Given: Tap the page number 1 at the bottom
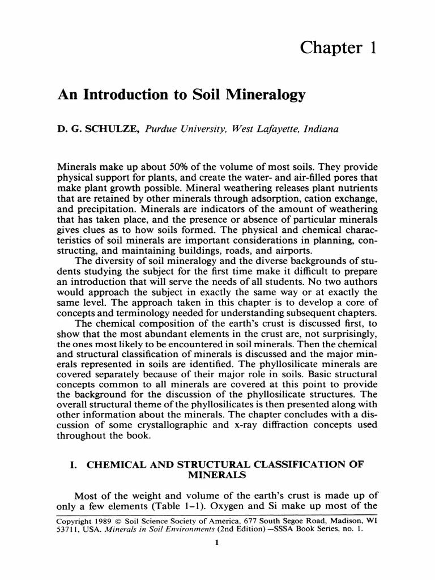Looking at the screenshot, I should [218, 542].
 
